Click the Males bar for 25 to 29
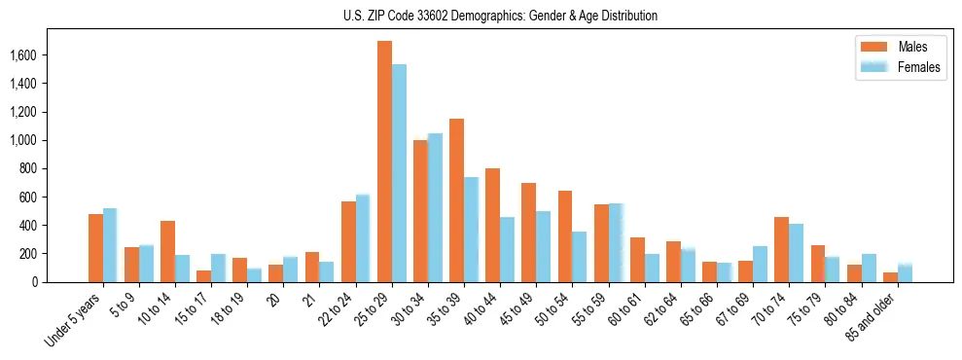pos(384,162)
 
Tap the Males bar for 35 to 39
pos(456,200)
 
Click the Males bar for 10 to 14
pos(167,251)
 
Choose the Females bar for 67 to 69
pos(760,264)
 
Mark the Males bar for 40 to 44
pos(492,225)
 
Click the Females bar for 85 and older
pos(905,272)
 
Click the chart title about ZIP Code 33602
pos(500,17)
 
